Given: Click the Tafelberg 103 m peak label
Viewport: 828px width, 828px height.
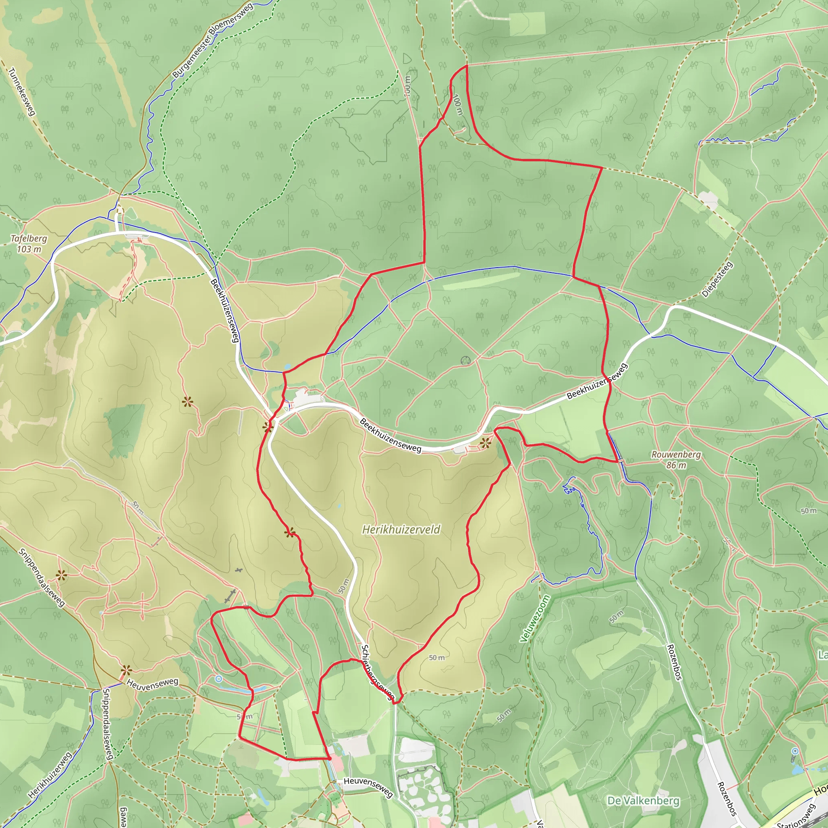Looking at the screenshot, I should pos(29,243).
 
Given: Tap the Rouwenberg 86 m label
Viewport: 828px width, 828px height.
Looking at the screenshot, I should pos(676,459).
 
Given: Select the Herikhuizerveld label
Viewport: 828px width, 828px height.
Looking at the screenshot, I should pos(401,530).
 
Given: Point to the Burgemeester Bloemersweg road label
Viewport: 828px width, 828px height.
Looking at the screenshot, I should pos(213,40).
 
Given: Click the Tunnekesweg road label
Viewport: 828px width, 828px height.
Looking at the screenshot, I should pos(21,92).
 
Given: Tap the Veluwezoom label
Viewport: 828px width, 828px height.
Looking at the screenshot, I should pos(534,619).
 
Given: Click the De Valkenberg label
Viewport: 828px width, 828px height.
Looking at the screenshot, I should pos(643,801).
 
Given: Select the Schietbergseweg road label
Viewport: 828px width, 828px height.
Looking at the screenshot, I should pos(377,672).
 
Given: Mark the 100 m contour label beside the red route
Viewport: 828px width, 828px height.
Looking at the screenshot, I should pos(458,105).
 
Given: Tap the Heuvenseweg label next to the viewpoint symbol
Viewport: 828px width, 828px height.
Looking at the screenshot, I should pos(152,684).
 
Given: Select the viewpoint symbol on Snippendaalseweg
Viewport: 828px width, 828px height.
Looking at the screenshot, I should pos(61,575).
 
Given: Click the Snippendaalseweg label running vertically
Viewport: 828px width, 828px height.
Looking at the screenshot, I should pos(108,724).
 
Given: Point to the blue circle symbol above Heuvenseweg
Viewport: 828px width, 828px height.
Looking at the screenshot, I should pos(219,678).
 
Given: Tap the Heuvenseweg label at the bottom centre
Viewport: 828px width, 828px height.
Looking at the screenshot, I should pos(368,787).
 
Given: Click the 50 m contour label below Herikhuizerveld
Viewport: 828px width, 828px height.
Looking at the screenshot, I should pos(437,657).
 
